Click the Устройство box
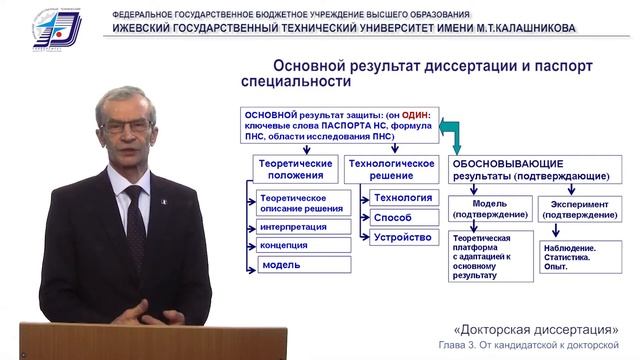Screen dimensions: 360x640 click(400, 237)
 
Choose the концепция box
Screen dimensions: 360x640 click(290, 245)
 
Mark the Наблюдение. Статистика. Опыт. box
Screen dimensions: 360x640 click(575, 255)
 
